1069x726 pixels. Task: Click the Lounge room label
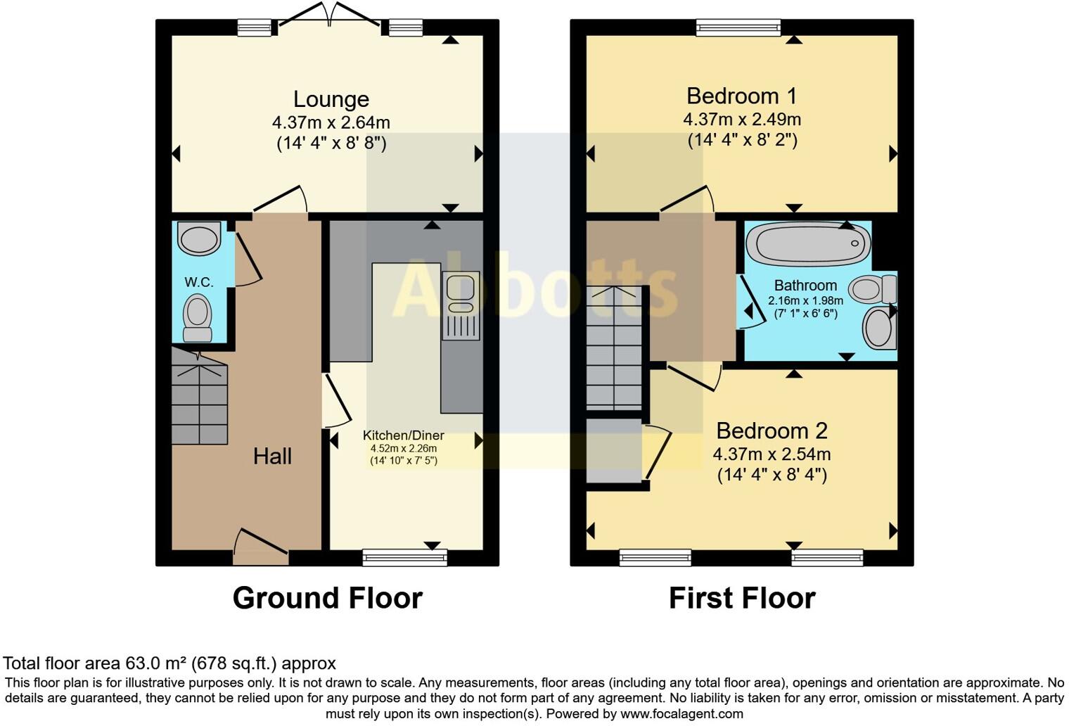point(331,99)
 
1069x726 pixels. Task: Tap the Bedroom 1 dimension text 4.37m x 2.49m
point(742,119)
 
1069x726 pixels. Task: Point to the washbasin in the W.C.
point(200,238)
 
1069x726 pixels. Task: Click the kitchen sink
point(461,293)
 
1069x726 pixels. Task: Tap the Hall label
point(272,457)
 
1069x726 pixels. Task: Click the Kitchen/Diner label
point(403,435)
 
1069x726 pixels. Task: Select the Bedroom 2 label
point(772,431)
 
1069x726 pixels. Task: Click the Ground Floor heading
point(327,598)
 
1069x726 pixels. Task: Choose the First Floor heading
point(741,598)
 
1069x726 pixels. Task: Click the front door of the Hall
point(260,548)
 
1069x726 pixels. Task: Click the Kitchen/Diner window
point(404,558)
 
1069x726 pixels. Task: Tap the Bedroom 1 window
point(738,27)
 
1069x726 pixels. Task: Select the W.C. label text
point(199,282)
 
